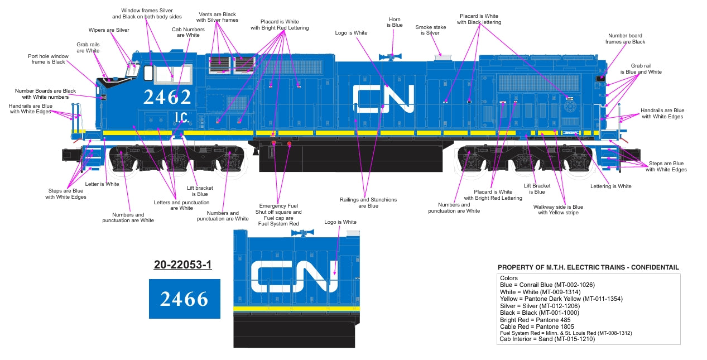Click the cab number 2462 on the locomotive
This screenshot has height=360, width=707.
(x=167, y=97)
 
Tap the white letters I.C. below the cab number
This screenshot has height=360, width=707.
(x=180, y=117)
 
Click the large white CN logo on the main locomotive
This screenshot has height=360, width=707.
(x=384, y=99)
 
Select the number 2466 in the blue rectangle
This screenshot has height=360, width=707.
(x=184, y=299)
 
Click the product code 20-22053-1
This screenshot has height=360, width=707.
(x=183, y=265)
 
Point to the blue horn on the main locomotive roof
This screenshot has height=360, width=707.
(x=393, y=56)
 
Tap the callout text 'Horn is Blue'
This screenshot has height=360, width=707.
(x=395, y=22)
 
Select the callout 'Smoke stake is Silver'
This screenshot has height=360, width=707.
(x=431, y=30)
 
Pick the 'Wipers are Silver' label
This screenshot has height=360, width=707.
(x=109, y=30)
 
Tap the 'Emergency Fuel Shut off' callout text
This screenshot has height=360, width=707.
(x=278, y=215)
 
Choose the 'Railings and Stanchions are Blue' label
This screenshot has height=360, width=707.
(x=368, y=203)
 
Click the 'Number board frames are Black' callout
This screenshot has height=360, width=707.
(x=626, y=39)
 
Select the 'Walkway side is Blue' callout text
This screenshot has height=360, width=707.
(x=558, y=209)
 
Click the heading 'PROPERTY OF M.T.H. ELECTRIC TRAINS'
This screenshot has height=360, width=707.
(x=588, y=267)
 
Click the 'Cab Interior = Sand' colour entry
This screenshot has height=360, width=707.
(x=547, y=339)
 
